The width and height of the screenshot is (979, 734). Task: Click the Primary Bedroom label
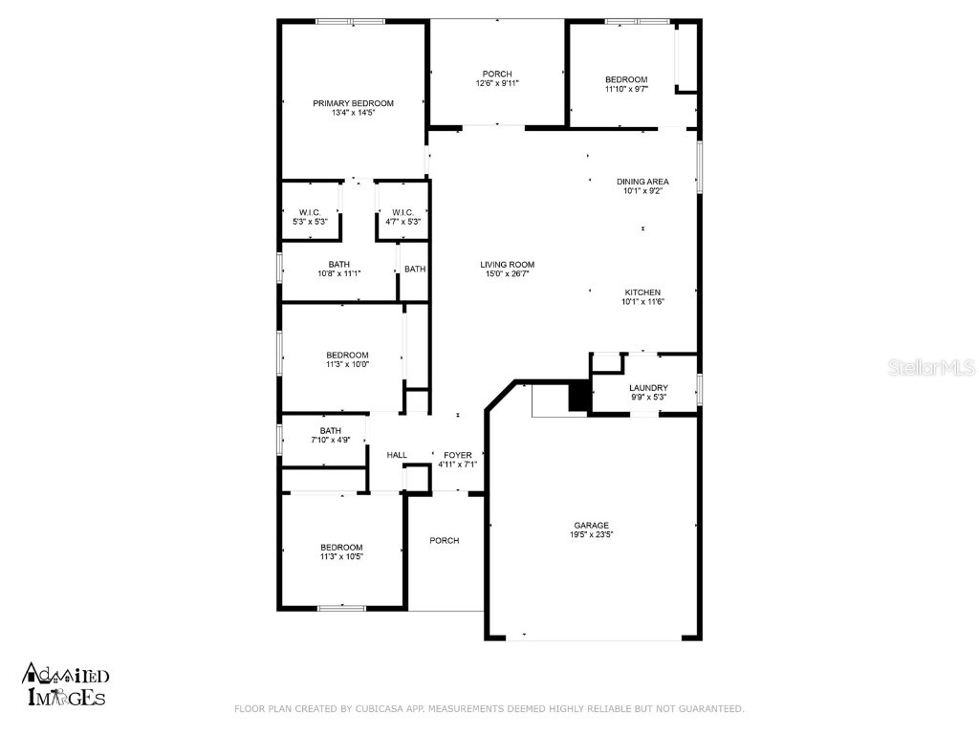(x=353, y=103)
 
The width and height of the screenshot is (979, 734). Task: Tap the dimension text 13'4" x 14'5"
(x=353, y=114)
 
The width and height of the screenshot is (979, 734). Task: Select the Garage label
(x=591, y=525)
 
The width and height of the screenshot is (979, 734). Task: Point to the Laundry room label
(x=648, y=387)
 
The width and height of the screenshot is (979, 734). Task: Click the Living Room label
(x=507, y=265)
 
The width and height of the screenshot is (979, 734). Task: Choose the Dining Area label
(x=642, y=181)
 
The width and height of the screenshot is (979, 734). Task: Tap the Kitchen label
(x=642, y=292)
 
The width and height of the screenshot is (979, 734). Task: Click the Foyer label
(x=457, y=455)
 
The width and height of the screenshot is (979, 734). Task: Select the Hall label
(x=397, y=455)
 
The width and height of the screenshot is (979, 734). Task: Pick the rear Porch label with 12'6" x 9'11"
(x=497, y=74)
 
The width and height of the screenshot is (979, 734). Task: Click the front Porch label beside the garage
(x=444, y=540)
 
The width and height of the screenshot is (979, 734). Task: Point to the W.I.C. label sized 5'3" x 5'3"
(x=310, y=212)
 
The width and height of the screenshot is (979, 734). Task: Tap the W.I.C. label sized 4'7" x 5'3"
(x=402, y=212)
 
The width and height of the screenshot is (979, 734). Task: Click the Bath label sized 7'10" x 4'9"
(x=331, y=430)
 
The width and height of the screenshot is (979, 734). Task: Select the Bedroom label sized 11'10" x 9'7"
(x=626, y=79)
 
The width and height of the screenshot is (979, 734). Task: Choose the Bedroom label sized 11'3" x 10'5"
(x=341, y=547)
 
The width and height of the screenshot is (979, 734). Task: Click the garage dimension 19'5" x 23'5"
(x=591, y=535)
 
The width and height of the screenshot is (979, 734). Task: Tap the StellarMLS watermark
(x=933, y=367)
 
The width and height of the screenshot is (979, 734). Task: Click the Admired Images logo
(x=65, y=685)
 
